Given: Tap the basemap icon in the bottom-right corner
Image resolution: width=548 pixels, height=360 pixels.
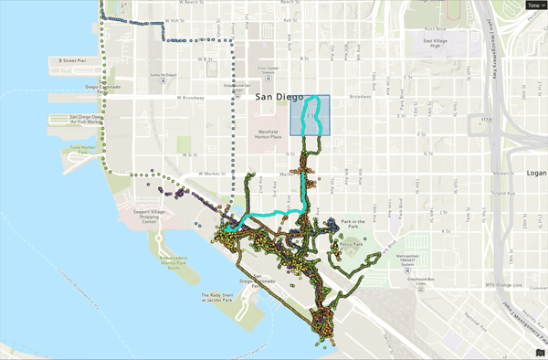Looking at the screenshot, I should point(539,351).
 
